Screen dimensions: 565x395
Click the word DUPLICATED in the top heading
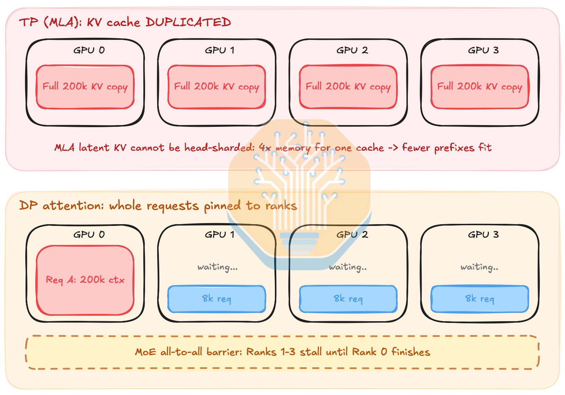click(x=188, y=22)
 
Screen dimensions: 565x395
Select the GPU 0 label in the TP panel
click(x=89, y=50)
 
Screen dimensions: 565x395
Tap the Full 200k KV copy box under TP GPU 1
click(x=217, y=87)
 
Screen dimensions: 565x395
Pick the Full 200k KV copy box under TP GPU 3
click(x=480, y=87)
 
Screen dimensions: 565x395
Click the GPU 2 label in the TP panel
click(x=352, y=50)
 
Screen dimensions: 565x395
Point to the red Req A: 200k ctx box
click(x=85, y=280)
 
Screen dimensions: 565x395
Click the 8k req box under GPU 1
click(x=217, y=299)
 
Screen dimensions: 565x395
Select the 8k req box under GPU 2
click(x=348, y=299)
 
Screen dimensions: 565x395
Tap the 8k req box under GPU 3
click(x=480, y=299)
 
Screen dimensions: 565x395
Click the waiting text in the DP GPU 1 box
click(x=217, y=267)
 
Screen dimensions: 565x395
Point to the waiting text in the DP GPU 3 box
click(x=479, y=267)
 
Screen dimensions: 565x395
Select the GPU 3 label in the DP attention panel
click(x=483, y=235)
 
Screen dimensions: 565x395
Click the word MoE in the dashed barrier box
click(x=145, y=352)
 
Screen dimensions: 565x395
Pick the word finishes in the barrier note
click(x=411, y=352)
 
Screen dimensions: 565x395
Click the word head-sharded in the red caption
click(x=219, y=147)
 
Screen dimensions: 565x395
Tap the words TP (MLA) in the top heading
click(x=51, y=22)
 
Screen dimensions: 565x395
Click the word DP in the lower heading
click(x=28, y=205)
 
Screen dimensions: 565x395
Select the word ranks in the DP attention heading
click(x=281, y=206)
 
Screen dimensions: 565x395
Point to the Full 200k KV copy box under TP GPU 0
click(x=85, y=87)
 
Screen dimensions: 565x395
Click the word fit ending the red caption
click(x=485, y=147)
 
